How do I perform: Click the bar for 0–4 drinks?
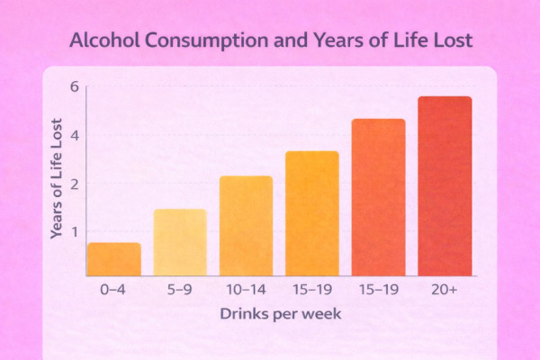(113, 259)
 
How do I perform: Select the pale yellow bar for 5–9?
(180, 242)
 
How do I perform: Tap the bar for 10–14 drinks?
(246, 226)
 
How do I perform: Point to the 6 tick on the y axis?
(76, 87)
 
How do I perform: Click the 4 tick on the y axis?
(76, 136)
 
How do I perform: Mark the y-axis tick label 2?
(76, 184)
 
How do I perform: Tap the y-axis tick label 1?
(76, 232)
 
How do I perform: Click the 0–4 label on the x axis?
(113, 291)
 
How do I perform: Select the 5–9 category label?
(180, 291)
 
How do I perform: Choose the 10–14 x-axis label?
(246, 291)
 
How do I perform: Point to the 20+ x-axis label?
(445, 291)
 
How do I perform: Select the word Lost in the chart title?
(447, 41)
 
